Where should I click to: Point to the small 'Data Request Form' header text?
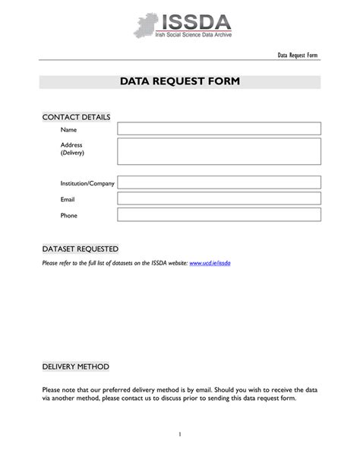297,56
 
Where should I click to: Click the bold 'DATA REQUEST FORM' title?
180,81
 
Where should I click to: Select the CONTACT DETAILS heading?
76,117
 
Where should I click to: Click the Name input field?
219,129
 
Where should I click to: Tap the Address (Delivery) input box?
219,151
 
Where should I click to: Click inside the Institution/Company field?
219,183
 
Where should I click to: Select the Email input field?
219,199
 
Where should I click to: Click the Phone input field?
219,215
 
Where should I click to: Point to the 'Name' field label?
69,130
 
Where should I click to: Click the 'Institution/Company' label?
87,184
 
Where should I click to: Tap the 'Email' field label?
68,200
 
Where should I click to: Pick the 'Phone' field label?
69,216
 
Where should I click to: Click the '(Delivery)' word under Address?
73,153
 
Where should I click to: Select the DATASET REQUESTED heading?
80,249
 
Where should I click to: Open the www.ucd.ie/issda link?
210,263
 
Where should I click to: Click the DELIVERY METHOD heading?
76,366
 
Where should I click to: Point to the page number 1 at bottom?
180,434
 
